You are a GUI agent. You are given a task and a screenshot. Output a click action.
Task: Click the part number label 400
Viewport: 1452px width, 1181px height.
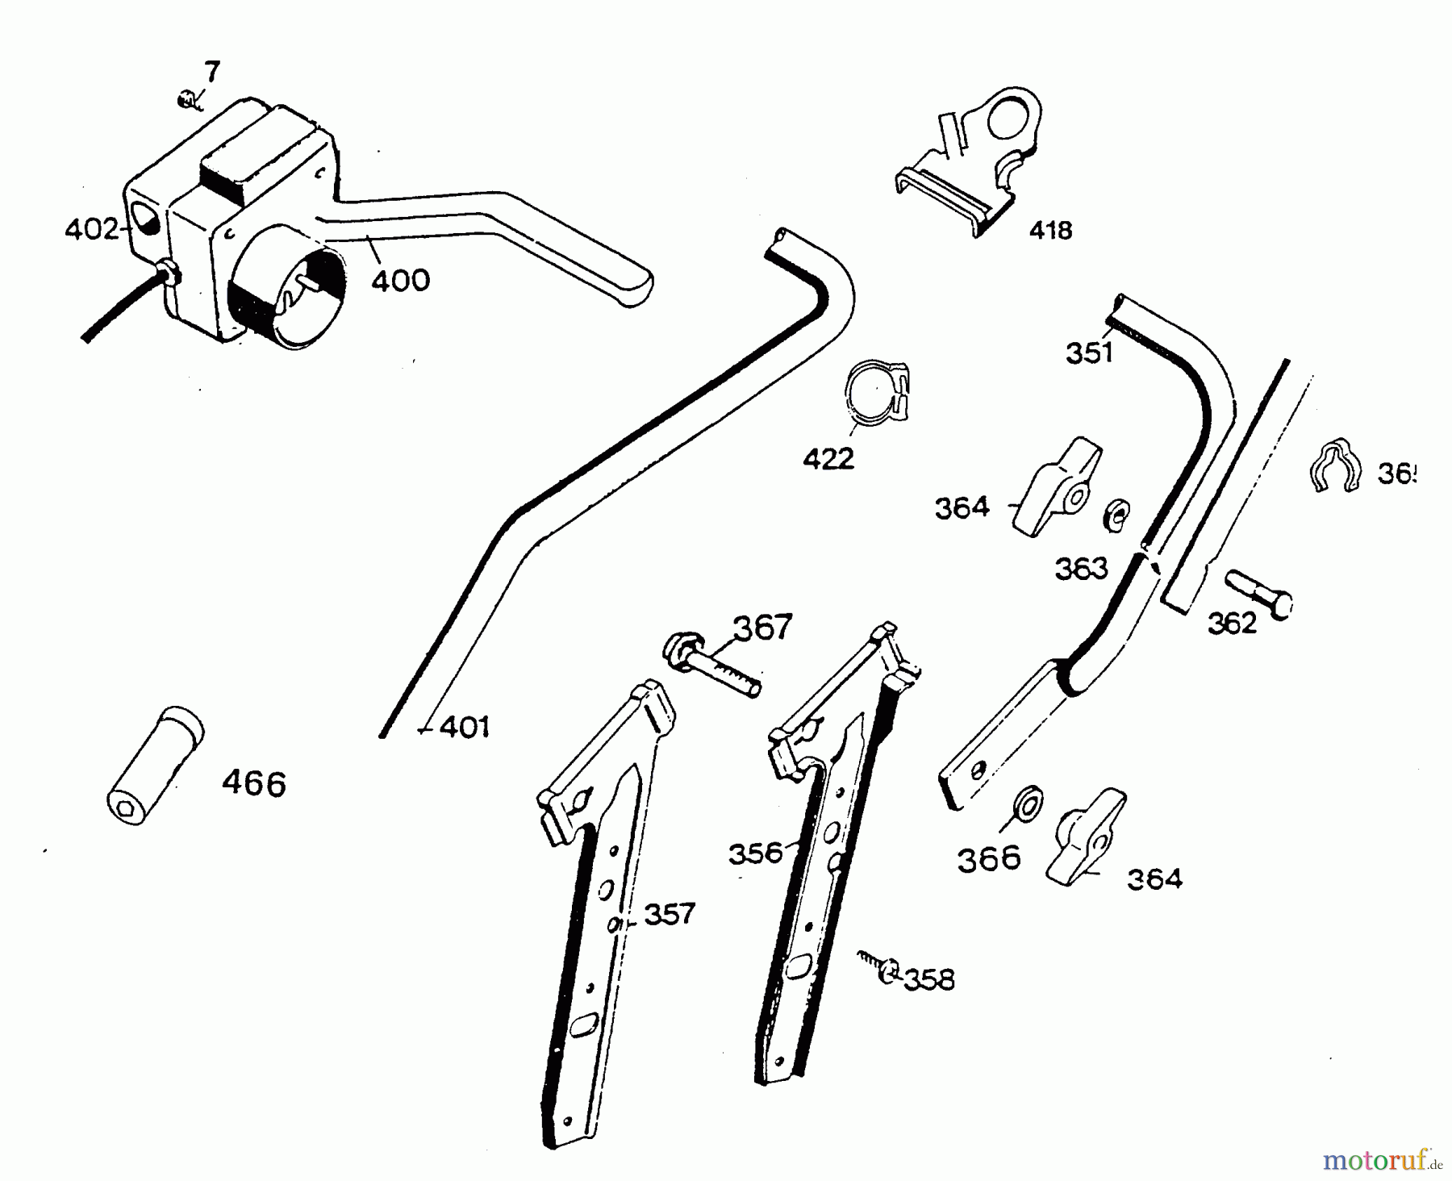click(x=401, y=280)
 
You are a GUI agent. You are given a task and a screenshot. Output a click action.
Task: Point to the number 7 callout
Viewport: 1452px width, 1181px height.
click(x=211, y=73)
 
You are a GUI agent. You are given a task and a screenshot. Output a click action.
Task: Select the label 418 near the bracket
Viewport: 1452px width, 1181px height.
click(x=1050, y=231)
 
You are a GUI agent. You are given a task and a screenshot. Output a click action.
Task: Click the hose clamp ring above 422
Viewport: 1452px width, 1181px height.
click(x=876, y=391)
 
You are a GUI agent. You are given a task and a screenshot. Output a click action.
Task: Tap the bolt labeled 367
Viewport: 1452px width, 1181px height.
click(x=711, y=666)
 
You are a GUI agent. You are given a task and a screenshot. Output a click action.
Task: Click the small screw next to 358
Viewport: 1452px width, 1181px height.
click(x=879, y=966)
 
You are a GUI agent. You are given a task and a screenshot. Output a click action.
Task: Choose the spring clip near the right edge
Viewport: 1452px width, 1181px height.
click(x=1333, y=465)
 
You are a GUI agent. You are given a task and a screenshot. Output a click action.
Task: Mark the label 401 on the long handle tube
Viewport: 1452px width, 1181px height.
click(x=465, y=728)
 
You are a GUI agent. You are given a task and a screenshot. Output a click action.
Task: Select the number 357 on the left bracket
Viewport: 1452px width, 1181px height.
click(x=669, y=914)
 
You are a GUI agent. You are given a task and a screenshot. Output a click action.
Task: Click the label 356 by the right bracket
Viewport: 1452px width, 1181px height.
click(x=755, y=853)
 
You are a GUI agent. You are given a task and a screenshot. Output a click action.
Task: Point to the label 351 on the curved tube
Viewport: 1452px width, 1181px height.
click(x=1089, y=353)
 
